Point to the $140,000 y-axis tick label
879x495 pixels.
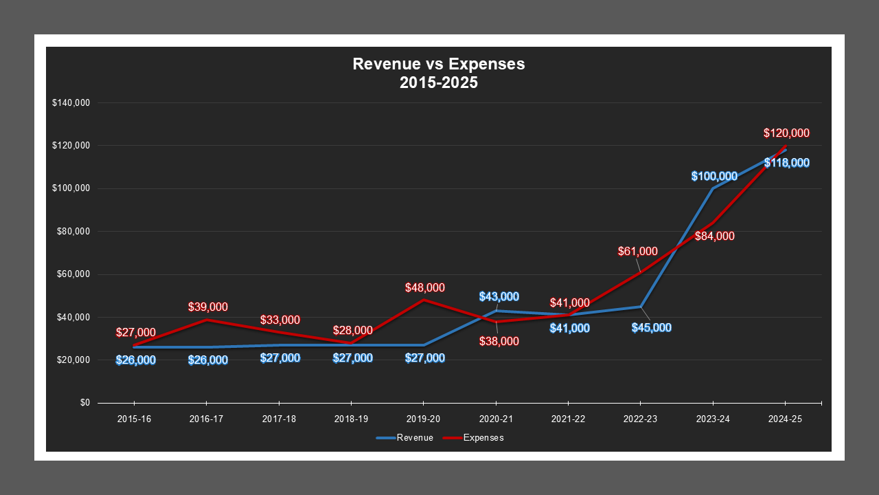71,103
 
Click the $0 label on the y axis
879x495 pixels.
84,403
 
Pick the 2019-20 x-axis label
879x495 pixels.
423,419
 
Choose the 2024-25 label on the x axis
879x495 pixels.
784,419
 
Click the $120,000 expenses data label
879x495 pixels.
786,133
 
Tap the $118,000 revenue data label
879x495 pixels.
786,163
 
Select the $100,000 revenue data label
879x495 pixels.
714,177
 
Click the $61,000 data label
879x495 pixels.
637,252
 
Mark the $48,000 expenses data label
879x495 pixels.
425,288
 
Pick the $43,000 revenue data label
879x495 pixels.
499,297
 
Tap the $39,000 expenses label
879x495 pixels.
208,307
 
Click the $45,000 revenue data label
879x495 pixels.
652,328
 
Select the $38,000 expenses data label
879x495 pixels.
499,342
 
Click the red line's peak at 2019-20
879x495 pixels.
424,300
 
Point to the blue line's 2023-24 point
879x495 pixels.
713,188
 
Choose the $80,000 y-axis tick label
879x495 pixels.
73,232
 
